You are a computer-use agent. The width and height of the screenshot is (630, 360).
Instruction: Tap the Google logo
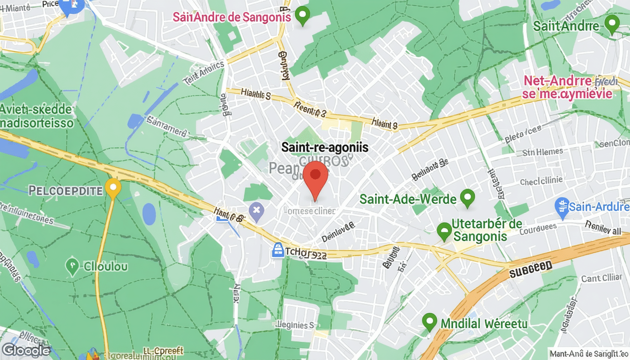pyautogui.click(x=26, y=350)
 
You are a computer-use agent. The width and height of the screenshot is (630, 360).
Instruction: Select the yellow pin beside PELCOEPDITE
pyautogui.click(x=112, y=188)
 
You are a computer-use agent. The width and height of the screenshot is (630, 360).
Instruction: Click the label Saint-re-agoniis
pyautogui.click(x=325, y=147)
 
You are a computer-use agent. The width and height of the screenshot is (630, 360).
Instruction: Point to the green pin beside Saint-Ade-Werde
pyautogui.click(x=467, y=198)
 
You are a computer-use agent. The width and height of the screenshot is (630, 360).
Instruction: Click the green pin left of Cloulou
pyautogui.click(x=72, y=266)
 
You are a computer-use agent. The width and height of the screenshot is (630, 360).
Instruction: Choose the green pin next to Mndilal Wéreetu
pyautogui.click(x=429, y=322)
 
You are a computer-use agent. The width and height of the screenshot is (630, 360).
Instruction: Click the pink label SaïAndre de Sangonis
pyautogui.click(x=232, y=17)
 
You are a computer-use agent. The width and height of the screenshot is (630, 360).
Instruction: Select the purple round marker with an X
pyautogui.click(x=256, y=212)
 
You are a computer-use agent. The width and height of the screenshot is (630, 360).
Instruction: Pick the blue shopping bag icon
pyautogui.click(x=278, y=250)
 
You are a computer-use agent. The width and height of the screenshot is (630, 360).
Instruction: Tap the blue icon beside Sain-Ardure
pyautogui.click(x=562, y=206)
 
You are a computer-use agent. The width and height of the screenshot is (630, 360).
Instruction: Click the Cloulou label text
pyautogui.click(x=105, y=267)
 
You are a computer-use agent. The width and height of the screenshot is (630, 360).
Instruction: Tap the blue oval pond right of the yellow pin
pyautogui.click(x=149, y=214)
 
